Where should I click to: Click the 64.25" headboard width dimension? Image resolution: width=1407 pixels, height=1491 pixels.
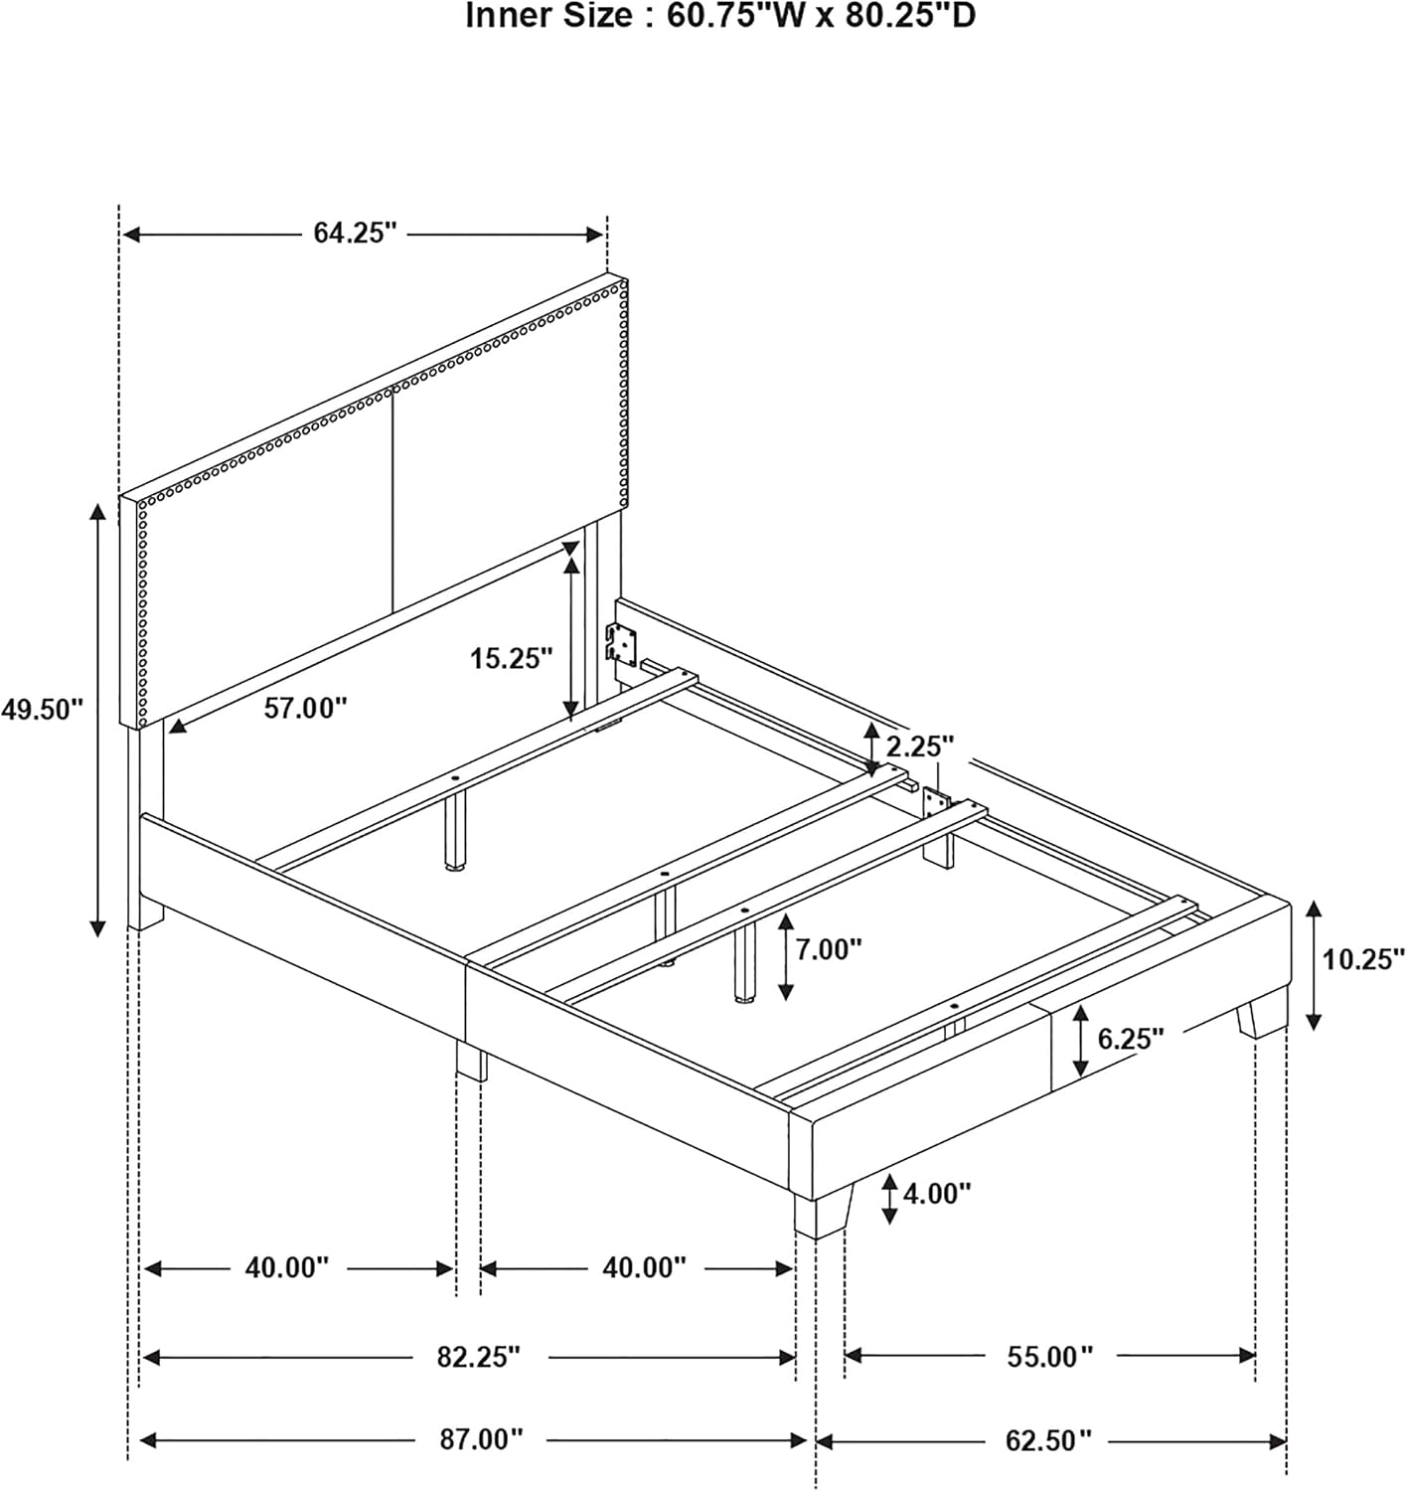click(355, 234)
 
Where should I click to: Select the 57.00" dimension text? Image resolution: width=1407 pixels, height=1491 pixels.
click(306, 707)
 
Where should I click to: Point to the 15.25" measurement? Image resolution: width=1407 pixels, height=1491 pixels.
click(512, 658)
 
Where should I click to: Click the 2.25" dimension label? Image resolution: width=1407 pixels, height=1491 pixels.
click(920, 746)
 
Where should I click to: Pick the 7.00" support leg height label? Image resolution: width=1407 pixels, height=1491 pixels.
click(828, 949)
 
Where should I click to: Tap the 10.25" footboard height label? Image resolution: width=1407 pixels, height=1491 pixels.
click(1363, 959)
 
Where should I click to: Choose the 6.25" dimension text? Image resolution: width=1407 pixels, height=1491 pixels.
click(1131, 1039)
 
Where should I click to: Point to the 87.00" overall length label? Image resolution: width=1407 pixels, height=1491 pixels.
click(481, 1439)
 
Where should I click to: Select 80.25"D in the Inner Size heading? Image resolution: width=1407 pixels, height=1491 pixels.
click(911, 15)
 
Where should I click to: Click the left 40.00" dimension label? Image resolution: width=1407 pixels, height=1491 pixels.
click(287, 1268)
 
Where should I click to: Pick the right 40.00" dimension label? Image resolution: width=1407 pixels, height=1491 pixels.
click(644, 1268)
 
